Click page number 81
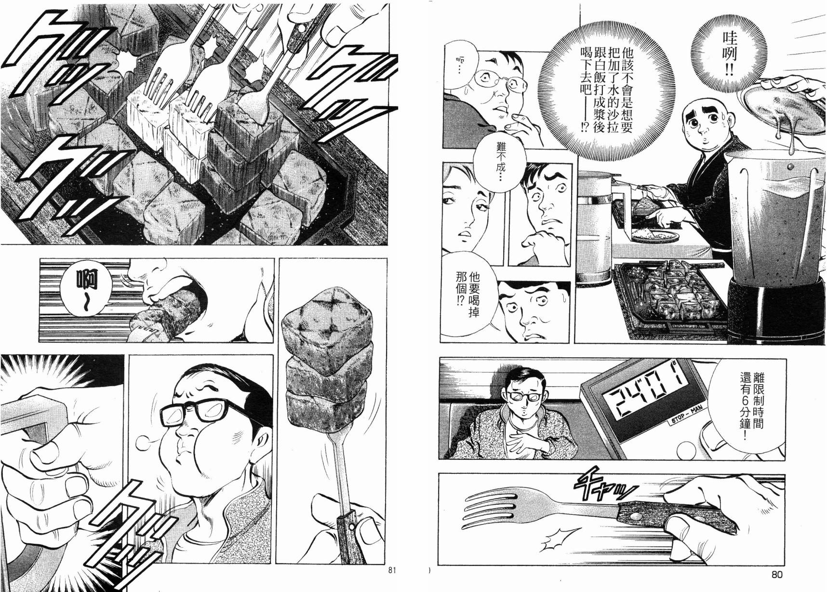pyautogui.click(x=391, y=571)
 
